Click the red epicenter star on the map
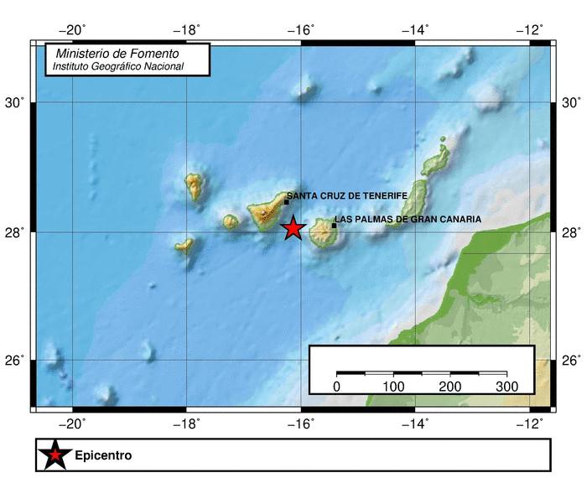point(292,227)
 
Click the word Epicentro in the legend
point(103,456)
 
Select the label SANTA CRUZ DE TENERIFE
point(347,195)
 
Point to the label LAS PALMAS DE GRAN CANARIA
point(409,220)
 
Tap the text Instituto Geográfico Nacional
point(117,66)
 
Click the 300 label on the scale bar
point(506,387)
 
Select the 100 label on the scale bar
point(393,387)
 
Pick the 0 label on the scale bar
point(336,387)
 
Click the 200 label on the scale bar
point(450,387)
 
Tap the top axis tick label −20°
point(75,30)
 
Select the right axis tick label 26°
point(570,361)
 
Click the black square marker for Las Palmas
point(334,225)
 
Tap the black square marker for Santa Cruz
point(286,201)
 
